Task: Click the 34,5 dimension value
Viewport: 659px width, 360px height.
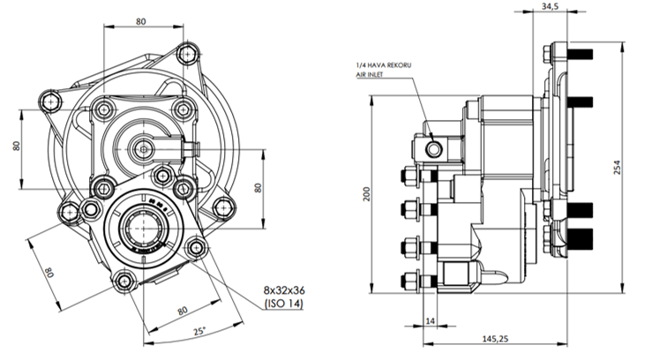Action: coord(550,7)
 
